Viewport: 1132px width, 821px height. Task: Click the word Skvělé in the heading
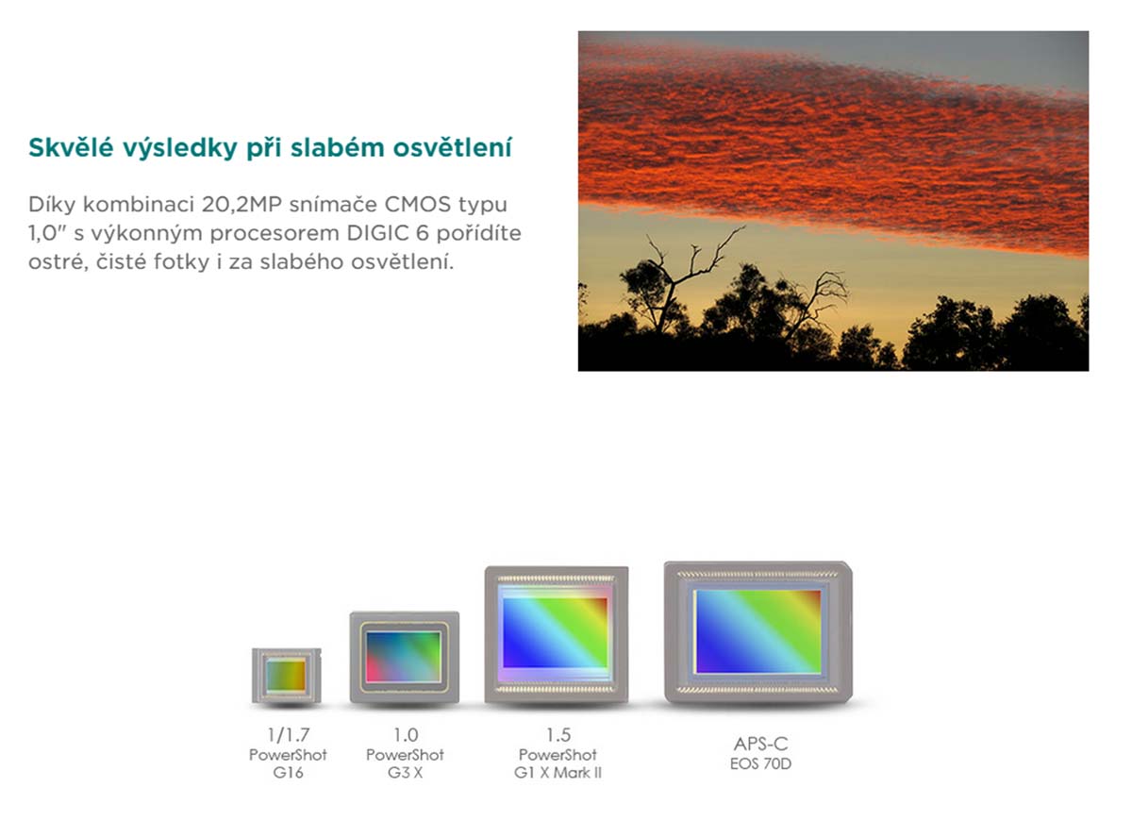tap(70, 147)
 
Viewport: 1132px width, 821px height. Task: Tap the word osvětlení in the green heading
tap(452, 147)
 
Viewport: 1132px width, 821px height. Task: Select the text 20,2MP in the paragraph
tap(241, 205)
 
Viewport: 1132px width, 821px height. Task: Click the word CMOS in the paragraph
tap(417, 204)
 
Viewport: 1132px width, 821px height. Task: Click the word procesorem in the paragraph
tap(275, 234)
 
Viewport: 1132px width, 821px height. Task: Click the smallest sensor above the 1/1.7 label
tap(287, 676)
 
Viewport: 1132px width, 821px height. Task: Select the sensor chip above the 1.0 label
tap(405, 657)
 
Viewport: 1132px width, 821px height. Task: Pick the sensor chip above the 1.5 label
tap(557, 634)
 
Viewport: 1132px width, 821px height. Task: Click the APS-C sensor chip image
tap(758, 632)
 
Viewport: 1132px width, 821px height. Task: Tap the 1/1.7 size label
tap(288, 734)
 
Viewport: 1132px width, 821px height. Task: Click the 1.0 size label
tap(406, 734)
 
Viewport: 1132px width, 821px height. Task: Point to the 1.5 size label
tap(558, 734)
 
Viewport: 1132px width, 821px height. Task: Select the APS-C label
tap(760, 744)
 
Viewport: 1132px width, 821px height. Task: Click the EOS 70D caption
tap(760, 763)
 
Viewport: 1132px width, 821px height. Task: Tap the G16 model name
tap(288, 773)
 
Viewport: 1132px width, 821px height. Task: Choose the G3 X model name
tap(405, 773)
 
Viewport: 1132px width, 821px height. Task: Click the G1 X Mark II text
tap(558, 773)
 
